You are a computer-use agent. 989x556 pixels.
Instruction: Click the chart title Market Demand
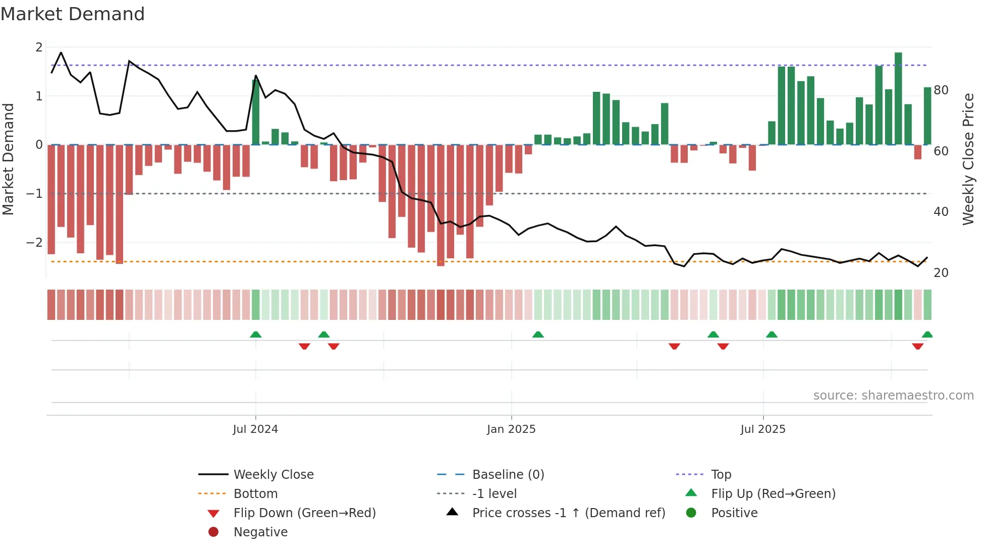pos(73,14)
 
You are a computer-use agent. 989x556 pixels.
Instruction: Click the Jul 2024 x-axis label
pos(255,429)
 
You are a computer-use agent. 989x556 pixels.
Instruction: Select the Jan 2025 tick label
pos(511,429)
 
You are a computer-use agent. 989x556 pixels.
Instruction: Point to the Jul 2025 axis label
pos(763,429)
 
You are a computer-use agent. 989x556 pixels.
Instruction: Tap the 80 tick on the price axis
pos(941,90)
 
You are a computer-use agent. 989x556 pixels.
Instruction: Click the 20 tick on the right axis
pos(941,273)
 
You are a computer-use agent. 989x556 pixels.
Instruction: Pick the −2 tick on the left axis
pos(35,243)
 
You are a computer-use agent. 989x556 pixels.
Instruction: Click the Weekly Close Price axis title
pos(968,159)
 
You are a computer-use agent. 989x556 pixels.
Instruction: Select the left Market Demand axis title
pos(8,159)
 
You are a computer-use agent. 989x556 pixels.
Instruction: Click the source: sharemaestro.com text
pos(893,396)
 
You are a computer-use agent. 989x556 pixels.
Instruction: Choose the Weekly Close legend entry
pos(273,475)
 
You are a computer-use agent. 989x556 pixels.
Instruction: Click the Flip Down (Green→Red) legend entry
pos(304,513)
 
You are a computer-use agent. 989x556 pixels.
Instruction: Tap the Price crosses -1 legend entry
pos(568,513)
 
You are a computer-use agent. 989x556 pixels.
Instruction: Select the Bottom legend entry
pos(255,494)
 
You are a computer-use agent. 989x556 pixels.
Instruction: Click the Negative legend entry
pos(260,532)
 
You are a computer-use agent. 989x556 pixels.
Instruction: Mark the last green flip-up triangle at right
pos(927,335)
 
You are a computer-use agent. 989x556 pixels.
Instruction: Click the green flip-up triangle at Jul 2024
pos(256,335)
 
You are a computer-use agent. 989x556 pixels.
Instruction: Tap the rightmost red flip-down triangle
pos(917,346)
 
